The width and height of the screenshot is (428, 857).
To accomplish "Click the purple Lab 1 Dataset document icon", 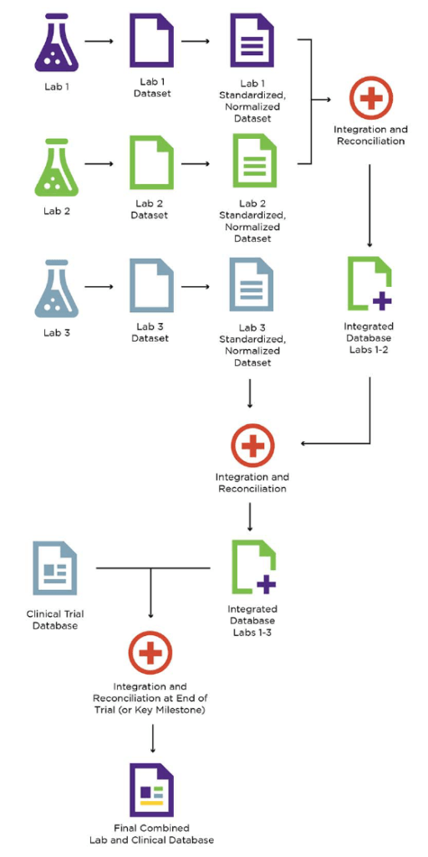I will tap(151, 43).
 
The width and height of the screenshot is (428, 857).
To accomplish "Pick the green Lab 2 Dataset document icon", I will tap(151, 164).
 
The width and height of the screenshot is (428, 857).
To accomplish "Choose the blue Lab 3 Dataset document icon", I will tap(151, 287).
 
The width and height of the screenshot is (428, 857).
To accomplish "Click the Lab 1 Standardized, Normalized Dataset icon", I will tap(252, 43).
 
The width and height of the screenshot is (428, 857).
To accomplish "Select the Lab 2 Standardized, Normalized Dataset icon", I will tap(252, 164).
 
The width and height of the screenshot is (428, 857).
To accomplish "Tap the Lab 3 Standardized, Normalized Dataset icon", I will tap(252, 287).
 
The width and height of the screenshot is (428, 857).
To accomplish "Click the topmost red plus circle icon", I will tap(369, 99).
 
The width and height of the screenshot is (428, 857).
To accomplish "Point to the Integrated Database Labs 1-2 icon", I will tap(369, 285).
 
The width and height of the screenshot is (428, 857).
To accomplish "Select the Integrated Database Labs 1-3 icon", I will tap(252, 567).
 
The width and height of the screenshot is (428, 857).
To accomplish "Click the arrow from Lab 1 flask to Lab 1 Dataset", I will tap(99, 41).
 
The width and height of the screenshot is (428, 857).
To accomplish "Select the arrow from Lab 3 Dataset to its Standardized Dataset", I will tap(196, 287).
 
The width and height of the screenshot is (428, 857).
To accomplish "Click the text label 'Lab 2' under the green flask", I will tap(56, 211).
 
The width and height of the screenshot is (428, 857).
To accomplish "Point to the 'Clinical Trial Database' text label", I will tap(55, 619).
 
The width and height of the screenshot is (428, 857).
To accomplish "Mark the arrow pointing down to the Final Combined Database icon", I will tap(151, 736).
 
